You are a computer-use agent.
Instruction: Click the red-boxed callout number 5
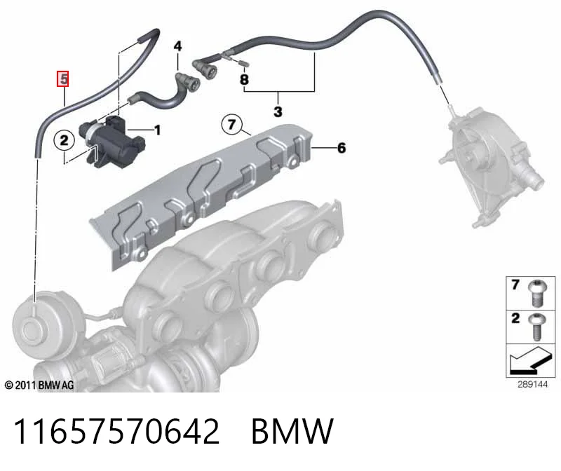[x=63, y=79]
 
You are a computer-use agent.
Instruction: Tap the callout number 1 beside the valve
[x=157, y=130]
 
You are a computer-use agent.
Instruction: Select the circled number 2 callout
[x=64, y=140]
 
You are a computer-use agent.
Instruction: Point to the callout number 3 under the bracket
[x=278, y=111]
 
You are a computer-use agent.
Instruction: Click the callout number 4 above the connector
[x=177, y=46]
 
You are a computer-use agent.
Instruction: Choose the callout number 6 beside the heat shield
[x=342, y=148]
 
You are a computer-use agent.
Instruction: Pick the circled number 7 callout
[x=232, y=125]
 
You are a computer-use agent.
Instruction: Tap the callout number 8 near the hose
[x=244, y=79]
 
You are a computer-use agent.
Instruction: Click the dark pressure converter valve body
[x=112, y=140]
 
